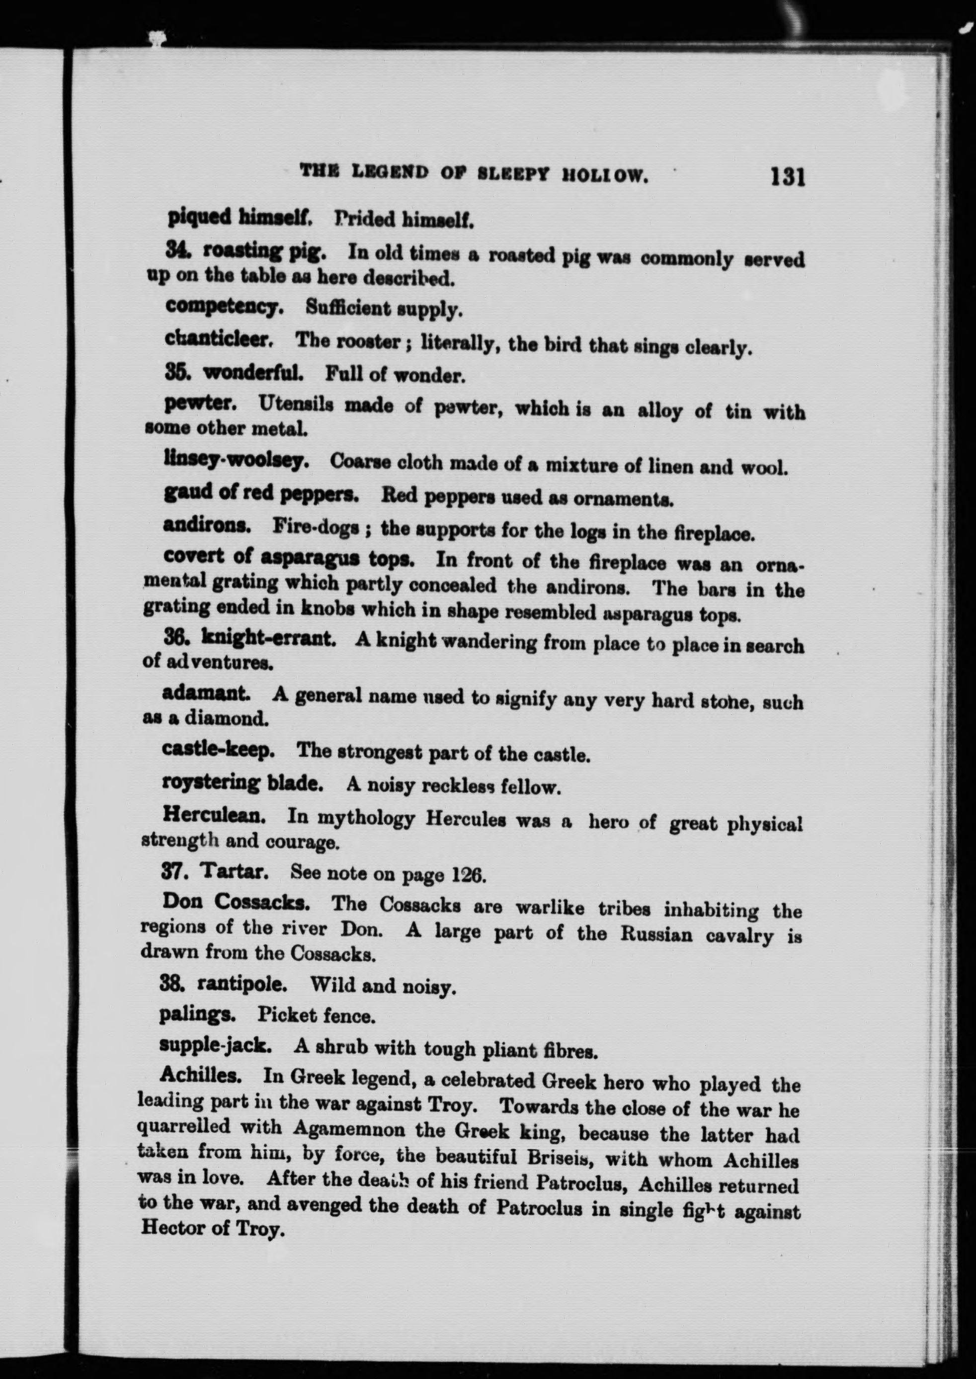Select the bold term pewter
coord(199,403)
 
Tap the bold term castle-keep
coord(218,750)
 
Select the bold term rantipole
coord(242,984)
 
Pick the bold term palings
coord(196,1015)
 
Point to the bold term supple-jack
coord(215,1046)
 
